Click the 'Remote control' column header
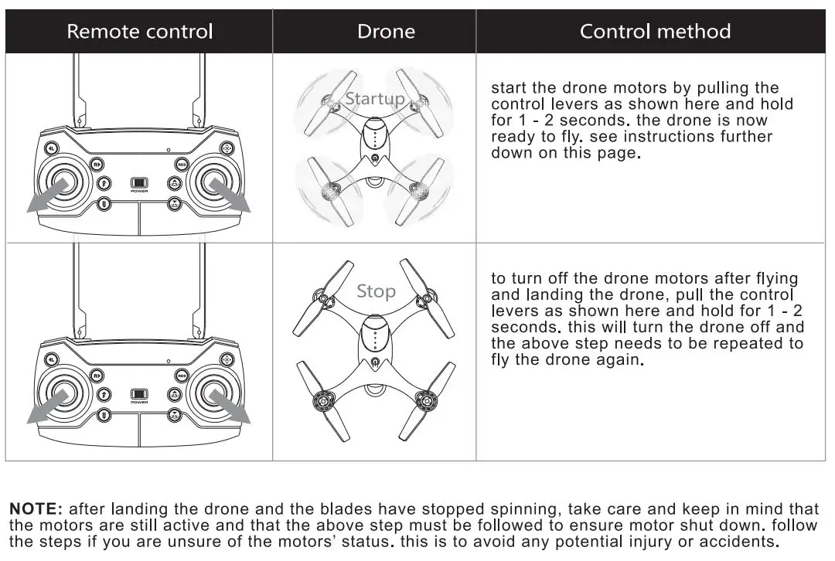(139, 32)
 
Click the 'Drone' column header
(386, 32)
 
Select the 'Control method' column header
(655, 32)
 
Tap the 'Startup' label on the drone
(374, 99)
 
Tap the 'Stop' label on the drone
(376, 291)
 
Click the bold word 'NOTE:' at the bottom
(36, 509)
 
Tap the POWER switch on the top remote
(139, 182)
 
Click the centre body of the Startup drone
(374, 139)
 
